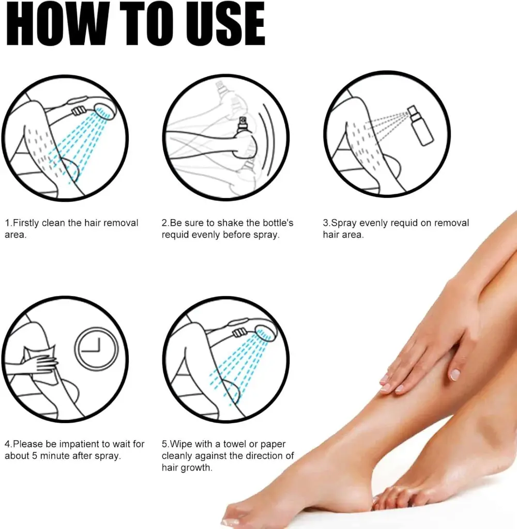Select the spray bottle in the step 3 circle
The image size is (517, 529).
click(420, 126)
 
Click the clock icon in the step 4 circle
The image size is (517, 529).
click(97, 349)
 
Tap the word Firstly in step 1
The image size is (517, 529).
click(26, 223)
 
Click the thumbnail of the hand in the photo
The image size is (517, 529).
click(454, 374)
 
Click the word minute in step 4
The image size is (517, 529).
click(54, 456)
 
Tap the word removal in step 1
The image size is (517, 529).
click(120, 223)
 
